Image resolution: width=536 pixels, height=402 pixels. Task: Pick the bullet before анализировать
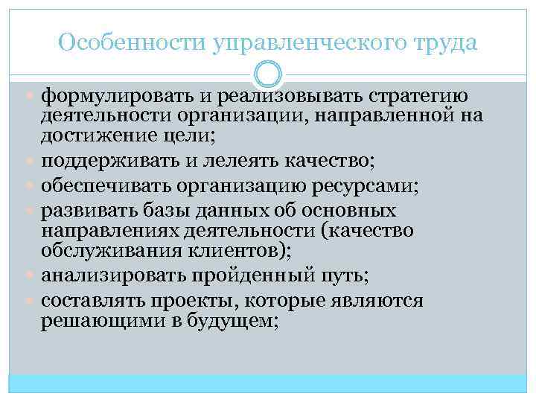pyautogui.click(x=33, y=276)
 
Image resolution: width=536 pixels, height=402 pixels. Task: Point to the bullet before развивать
pyautogui.click(x=33, y=209)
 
